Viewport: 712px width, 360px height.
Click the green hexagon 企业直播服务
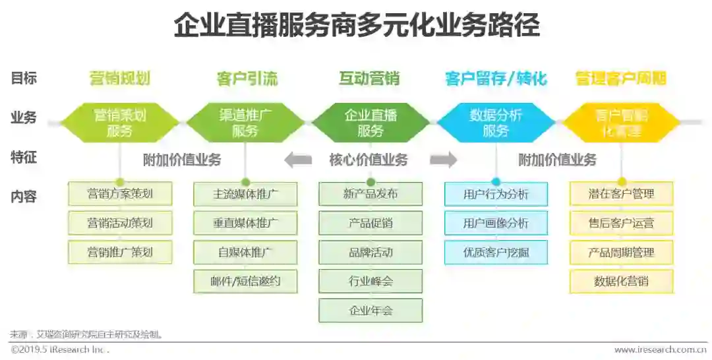[x=371, y=123]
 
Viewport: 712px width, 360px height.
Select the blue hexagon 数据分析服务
[x=496, y=123]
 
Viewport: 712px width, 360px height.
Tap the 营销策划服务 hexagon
[x=120, y=123]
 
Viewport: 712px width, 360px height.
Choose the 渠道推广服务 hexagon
[x=245, y=123]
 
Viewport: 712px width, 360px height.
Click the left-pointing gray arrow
[x=298, y=160]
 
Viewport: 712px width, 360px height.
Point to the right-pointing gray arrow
[x=443, y=160]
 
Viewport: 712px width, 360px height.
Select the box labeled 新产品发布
[x=371, y=195]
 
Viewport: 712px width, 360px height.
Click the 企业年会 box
[x=371, y=311]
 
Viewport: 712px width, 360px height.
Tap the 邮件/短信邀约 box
[x=245, y=282]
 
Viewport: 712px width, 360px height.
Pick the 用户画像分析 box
[x=496, y=224]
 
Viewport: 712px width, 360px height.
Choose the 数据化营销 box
[x=621, y=282]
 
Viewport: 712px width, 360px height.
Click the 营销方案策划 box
[x=120, y=195]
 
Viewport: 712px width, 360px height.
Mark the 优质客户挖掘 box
[x=496, y=253]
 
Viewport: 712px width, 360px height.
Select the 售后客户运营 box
[x=621, y=224]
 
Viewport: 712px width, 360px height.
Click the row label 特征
[x=24, y=158]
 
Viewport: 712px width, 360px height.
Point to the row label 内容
[x=24, y=196]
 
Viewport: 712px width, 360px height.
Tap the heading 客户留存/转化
[x=496, y=79]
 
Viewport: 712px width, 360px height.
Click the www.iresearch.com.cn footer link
[x=660, y=350]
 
